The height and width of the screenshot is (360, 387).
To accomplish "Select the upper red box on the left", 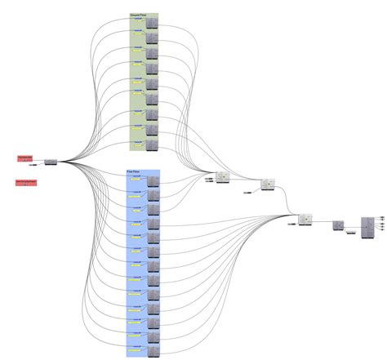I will coord(26,157).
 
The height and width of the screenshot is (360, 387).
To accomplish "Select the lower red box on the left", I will coord(26,181).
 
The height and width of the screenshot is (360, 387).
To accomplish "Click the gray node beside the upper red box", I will coord(51,162).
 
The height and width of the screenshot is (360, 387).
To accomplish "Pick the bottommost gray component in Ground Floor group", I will coord(152,146).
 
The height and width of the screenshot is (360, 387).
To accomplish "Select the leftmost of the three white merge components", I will coord(222,178).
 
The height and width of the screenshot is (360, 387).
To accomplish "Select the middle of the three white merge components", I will coord(269,184).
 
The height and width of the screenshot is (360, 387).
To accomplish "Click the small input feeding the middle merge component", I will coord(247,193).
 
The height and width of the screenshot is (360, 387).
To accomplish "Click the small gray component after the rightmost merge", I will coord(337,224).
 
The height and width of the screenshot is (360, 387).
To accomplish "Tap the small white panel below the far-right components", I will coord(350,233).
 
